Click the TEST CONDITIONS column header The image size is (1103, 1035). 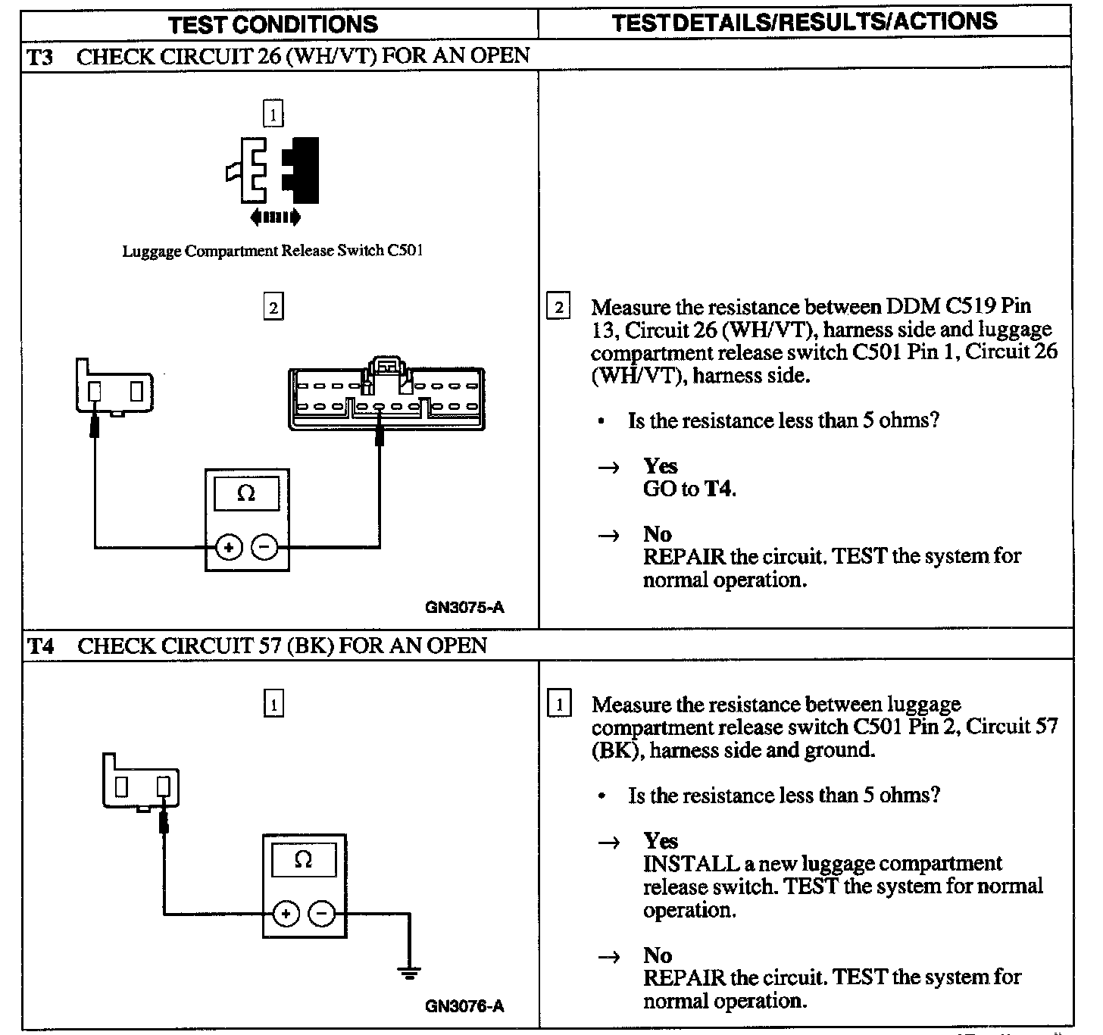tap(273, 23)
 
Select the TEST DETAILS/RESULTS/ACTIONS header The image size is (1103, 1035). tap(804, 22)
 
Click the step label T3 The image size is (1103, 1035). tap(40, 57)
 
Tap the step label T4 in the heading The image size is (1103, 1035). tap(41, 646)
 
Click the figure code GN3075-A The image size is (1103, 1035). tap(464, 607)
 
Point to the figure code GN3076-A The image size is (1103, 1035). tap(464, 1006)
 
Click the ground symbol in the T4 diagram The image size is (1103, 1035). tap(409, 973)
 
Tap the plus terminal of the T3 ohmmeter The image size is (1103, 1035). tap(229, 546)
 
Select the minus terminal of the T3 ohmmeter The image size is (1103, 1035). tap(264, 546)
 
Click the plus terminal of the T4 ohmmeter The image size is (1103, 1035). tap(286, 914)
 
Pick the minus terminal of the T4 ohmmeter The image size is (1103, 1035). tap(321, 914)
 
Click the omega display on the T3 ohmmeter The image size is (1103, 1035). tap(246, 494)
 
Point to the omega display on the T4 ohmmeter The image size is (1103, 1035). tap(303, 860)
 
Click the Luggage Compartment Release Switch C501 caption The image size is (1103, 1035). tap(273, 251)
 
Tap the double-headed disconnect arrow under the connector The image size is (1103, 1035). tap(275, 218)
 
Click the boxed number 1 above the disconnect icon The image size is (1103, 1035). tap(273, 114)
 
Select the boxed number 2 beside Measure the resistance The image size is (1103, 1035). tap(558, 308)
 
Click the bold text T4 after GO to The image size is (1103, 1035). tap(719, 489)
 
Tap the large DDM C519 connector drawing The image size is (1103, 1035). tap(386, 398)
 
